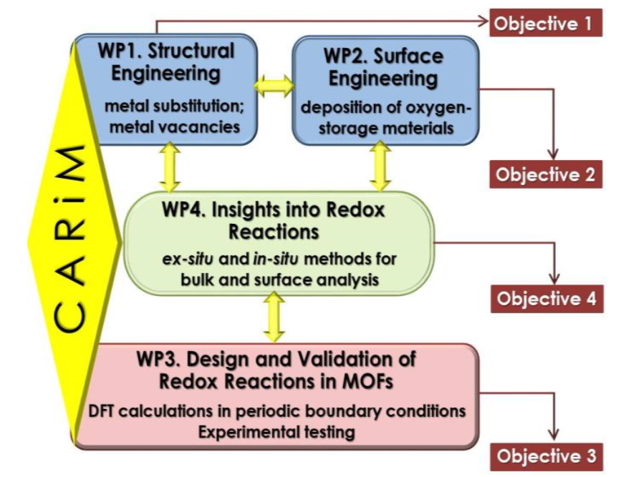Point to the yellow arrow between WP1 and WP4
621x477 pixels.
point(170,167)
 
